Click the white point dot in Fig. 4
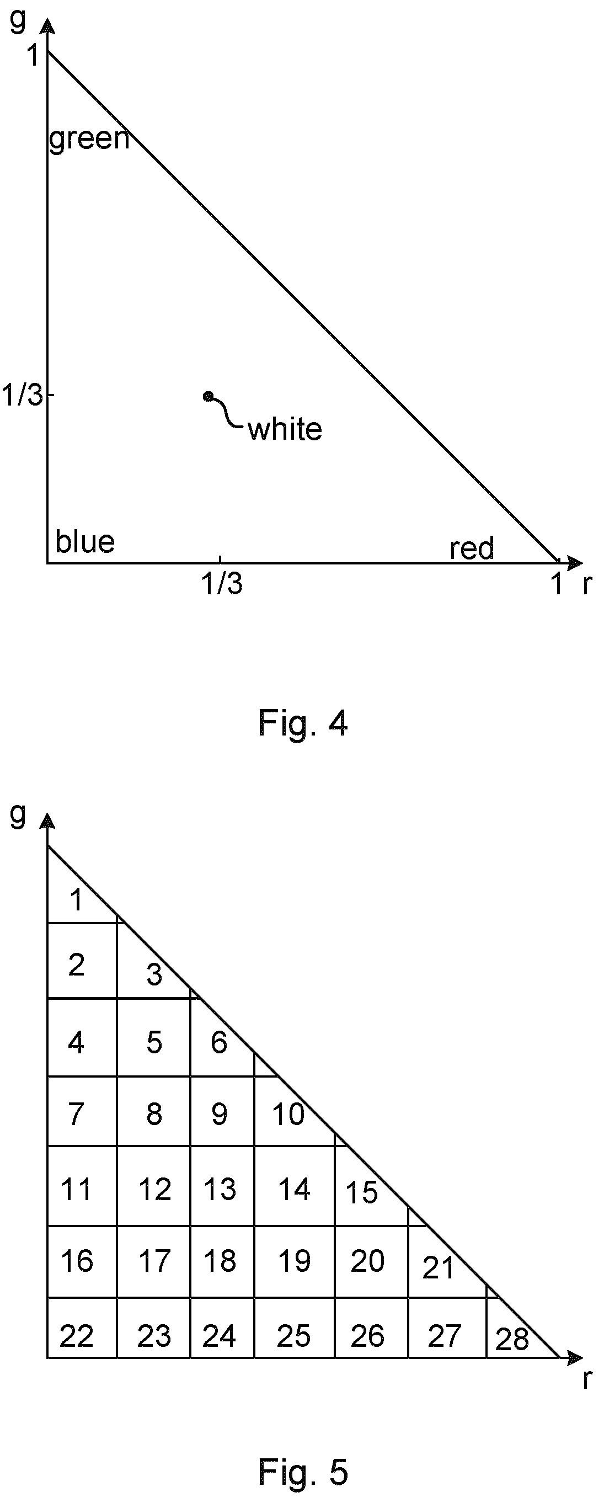coord(208,397)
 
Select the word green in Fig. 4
coord(89,140)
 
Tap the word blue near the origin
coord(85,541)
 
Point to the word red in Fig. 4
coord(472,548)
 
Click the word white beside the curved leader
coord(285,429)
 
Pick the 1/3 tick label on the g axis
coord(22,395)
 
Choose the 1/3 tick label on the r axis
coord(222,583)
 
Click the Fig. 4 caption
coord(303,724)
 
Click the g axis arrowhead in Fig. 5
coord(47,821)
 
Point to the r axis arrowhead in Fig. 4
coord(574,563)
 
